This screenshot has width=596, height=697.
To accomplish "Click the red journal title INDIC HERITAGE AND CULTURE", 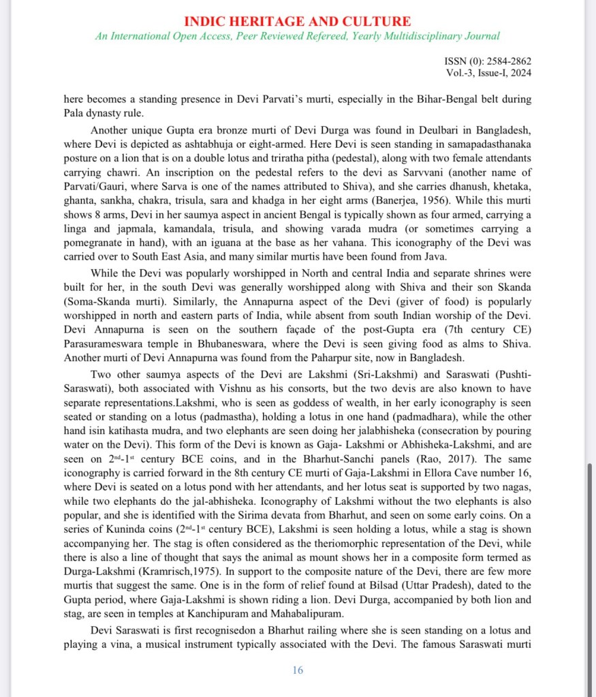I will (x=298, y=21).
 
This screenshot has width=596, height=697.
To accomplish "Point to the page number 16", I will (x=298, y=670).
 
